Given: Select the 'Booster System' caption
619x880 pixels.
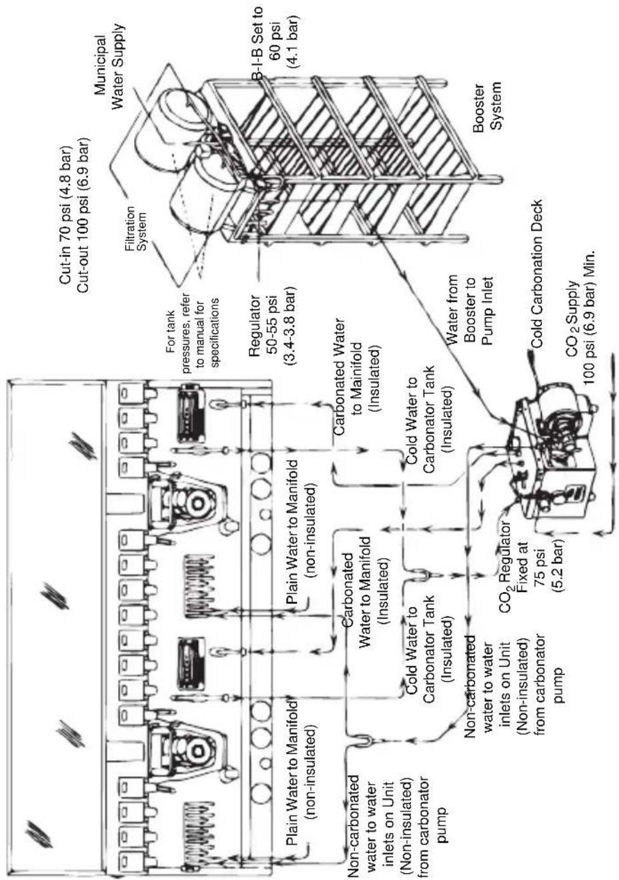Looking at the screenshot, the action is pyautogui.click(x=486, y=106).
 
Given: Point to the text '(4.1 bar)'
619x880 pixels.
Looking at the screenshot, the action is pyautogui.click(x=293, y=43).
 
